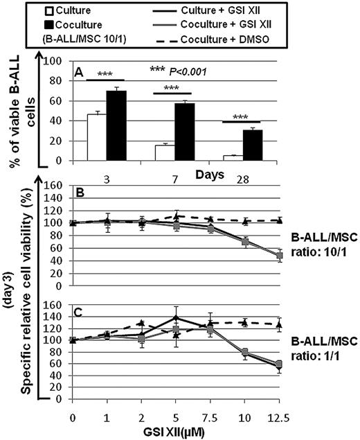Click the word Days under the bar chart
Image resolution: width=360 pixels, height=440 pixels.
point(208,171)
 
